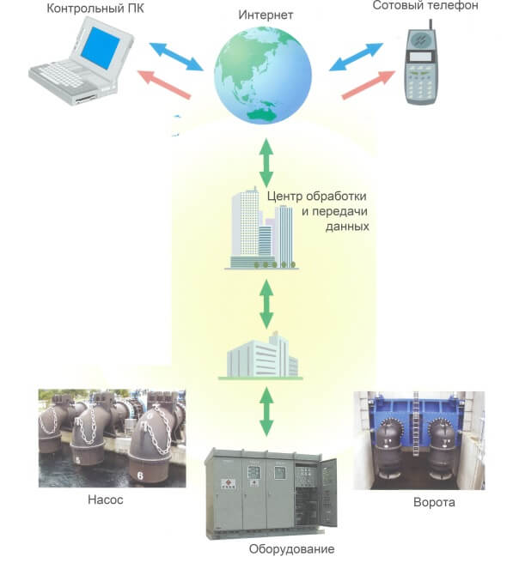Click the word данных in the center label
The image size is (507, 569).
click(x=347, y=227)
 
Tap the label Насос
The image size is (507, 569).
click(x=107, y=499)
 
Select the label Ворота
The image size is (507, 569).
click(x=434, y=503)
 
